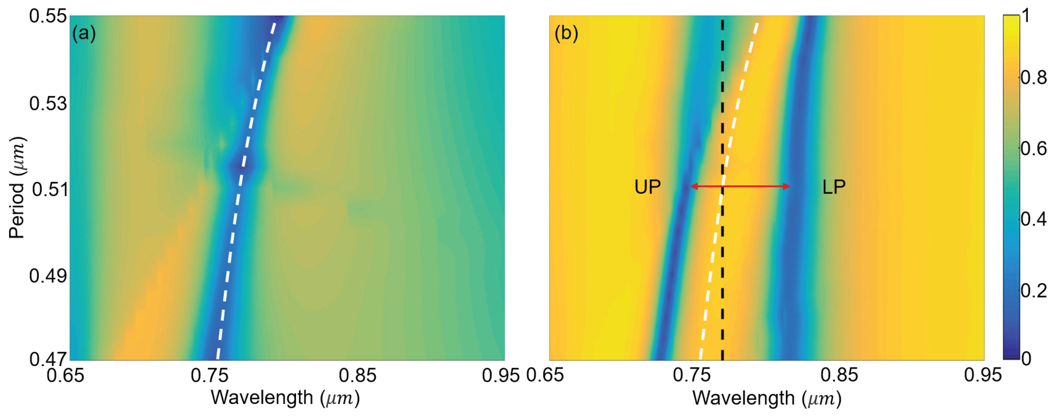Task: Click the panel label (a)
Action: [x=84, y=33]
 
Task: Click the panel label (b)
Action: [x=566, y=33]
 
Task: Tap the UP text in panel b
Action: [x=647, y=187]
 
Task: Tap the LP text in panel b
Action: [x=834, y=187]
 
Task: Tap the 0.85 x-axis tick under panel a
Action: [x=357, y=375]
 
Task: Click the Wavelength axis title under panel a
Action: [x=285, y=398]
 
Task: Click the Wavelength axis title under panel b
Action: [x=766, y=398]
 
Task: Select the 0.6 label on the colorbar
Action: [x=1033, y=149]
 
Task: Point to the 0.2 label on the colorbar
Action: [x=1033, y=291]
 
